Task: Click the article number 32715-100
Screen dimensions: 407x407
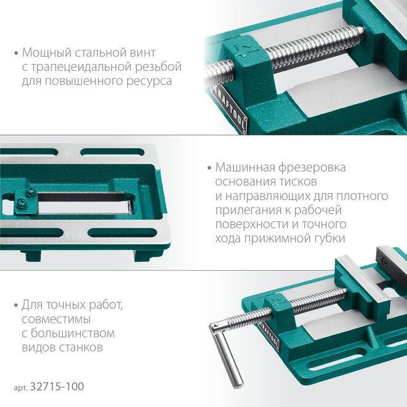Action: (57, 387)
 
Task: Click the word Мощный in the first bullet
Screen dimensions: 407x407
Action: (46, 53)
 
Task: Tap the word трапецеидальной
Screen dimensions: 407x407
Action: (81, 67)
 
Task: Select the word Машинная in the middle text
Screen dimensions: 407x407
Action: (245, 167)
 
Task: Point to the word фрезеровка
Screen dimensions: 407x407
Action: (312, 168)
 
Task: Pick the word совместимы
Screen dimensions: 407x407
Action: (56, 320)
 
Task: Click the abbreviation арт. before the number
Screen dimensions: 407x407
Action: (20, 387)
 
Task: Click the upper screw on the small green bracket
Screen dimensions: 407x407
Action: (30, 192)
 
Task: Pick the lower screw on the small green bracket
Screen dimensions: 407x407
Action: (22, 203)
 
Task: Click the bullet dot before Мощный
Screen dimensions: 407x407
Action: (17, 54)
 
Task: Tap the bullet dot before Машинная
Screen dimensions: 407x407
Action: (209, 168)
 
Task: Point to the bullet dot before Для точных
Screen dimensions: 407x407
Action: (16, 305)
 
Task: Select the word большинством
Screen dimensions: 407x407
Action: (73, 333)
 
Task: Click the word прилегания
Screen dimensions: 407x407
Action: (247, 210)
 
